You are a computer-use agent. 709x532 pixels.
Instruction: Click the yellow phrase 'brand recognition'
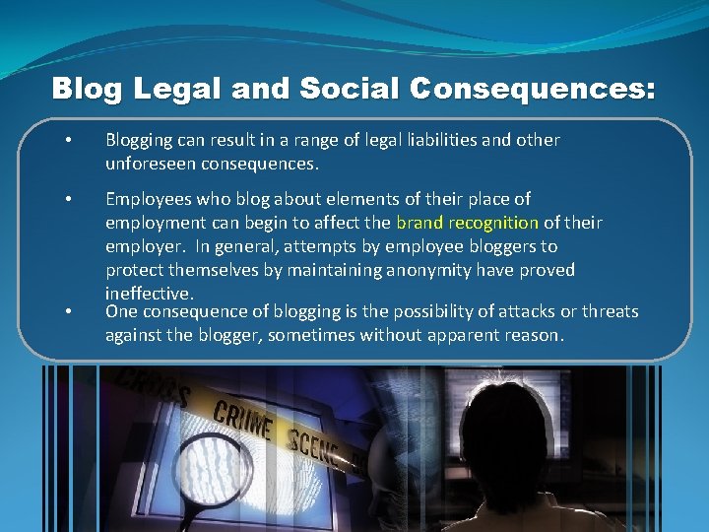(x=467, y=223)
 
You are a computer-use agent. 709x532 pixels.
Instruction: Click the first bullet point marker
(x=67, y=140)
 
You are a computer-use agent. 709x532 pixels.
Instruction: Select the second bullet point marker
(x=67, y=199)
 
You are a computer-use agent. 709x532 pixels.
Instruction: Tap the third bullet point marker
(x=67, y=311)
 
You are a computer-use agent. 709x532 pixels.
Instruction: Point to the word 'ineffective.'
(x=150, y=294)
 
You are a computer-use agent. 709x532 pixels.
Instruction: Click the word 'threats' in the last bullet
(x=610, y=311)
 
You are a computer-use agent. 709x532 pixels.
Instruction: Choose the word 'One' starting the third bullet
(x=121, y=311)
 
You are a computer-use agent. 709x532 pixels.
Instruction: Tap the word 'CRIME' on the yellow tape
(x=242, y=421)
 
